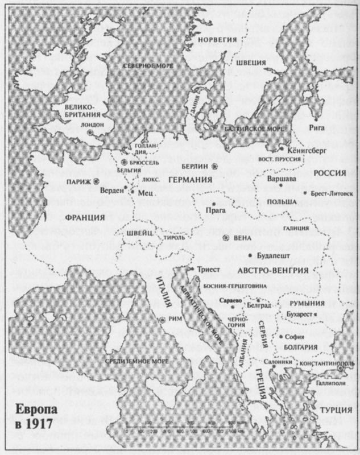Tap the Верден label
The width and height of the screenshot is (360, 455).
point(111,190)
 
